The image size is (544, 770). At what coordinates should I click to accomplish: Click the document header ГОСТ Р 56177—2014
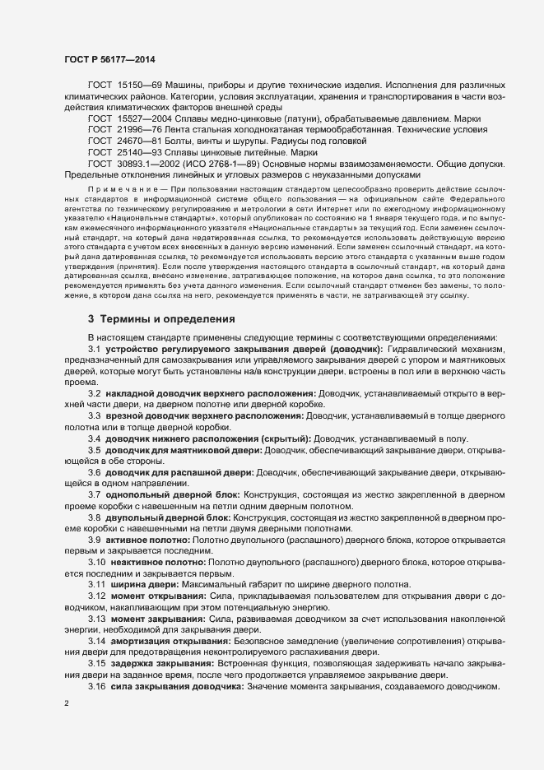(109, 59)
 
